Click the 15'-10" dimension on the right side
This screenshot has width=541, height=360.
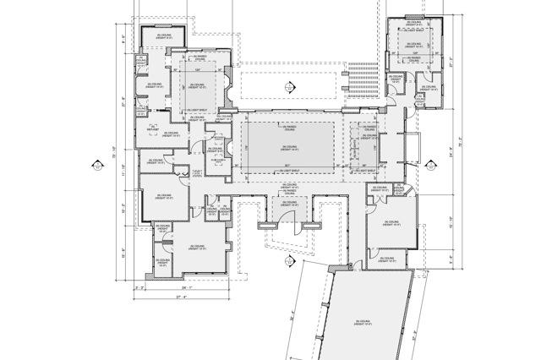pos(449,222)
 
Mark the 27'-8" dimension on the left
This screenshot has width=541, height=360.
pos(123,105)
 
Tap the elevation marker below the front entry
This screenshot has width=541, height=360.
pos(288,261)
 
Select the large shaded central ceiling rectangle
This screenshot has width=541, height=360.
pos(288,147)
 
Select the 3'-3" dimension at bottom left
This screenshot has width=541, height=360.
pos(140,287)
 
